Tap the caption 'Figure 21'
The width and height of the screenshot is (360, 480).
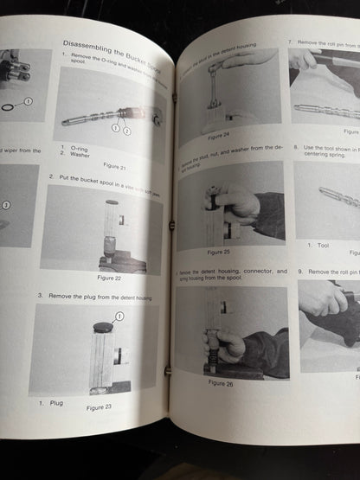coord(114,165)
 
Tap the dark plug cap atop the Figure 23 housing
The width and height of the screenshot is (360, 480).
coord(103,329)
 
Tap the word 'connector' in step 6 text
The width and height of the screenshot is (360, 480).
coord(260,272)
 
